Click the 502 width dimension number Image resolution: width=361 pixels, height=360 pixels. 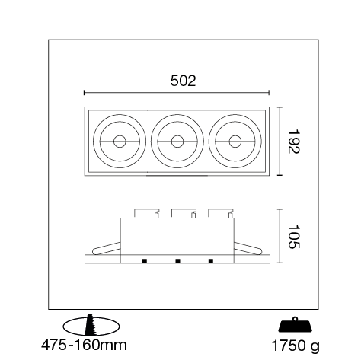[183, 81]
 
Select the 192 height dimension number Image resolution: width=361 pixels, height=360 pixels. [294, 142]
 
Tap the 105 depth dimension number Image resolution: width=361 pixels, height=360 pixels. [294, 236]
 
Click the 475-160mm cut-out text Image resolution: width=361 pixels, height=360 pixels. [84, 345]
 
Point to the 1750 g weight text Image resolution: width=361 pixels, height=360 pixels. [296, 346]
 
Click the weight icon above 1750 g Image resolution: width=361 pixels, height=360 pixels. [295, 324]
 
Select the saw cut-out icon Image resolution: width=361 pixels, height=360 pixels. [91, 327]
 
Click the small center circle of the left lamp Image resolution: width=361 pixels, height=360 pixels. [120, 142]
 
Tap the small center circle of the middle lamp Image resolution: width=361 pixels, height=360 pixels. [177, 142]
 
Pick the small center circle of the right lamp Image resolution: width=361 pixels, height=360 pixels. [235, 142]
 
